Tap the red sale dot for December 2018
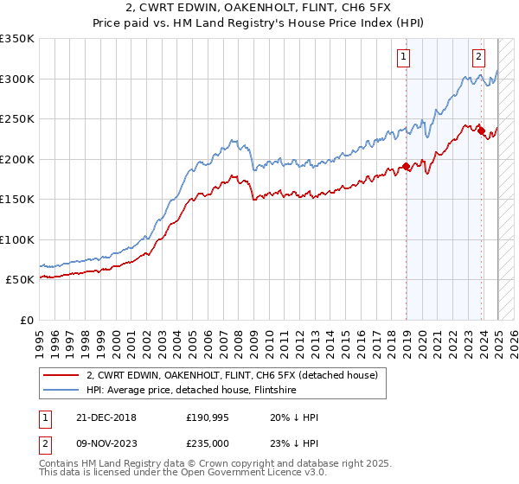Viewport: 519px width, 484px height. point(406,167)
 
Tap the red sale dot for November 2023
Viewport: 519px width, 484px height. point(481,131)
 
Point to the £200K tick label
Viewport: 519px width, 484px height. point(17,159)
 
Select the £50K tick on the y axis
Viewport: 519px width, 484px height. point(21,280)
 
